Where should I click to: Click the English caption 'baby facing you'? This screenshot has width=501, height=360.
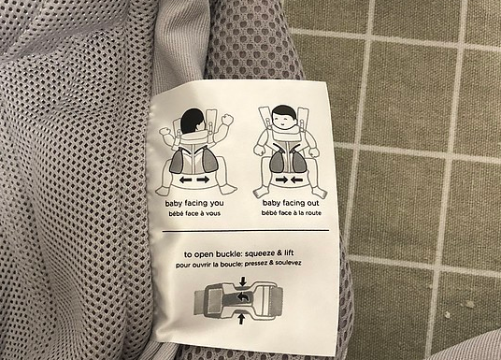click(x=194, y=203)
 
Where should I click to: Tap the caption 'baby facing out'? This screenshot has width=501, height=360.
click(x=291, y=203)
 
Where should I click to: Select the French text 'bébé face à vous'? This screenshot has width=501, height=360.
click(x=194, y=213)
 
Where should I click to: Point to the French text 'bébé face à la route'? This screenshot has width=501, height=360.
click(x=291, y=213)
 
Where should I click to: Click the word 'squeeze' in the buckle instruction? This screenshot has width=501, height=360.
click(x=260, y=253)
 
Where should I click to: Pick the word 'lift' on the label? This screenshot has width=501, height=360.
click(x=288, y=253)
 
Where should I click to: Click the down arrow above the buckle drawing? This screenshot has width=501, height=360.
click(x=243, y=281)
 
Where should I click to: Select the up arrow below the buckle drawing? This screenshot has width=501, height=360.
click(x=241, y=319)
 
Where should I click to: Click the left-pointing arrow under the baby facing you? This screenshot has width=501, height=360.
click(x=186, y=180)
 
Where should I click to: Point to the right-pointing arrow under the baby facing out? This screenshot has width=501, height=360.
click(x=282, y=180)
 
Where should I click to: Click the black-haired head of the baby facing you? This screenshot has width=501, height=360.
click(x=193, y=121)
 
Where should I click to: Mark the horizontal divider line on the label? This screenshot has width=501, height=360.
click(x=246, y=230)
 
